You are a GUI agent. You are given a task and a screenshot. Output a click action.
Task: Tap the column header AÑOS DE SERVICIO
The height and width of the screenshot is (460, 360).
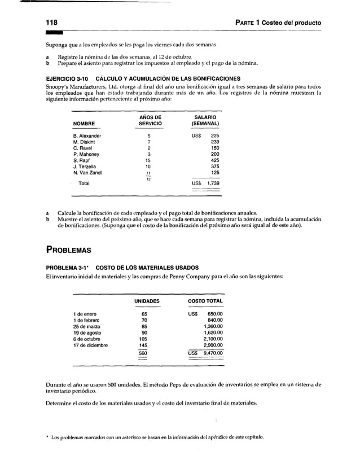[150, 120]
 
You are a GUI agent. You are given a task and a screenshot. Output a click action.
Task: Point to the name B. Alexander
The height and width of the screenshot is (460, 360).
[87, 136]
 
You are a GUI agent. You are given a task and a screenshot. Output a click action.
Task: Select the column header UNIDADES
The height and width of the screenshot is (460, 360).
[147, 301]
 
